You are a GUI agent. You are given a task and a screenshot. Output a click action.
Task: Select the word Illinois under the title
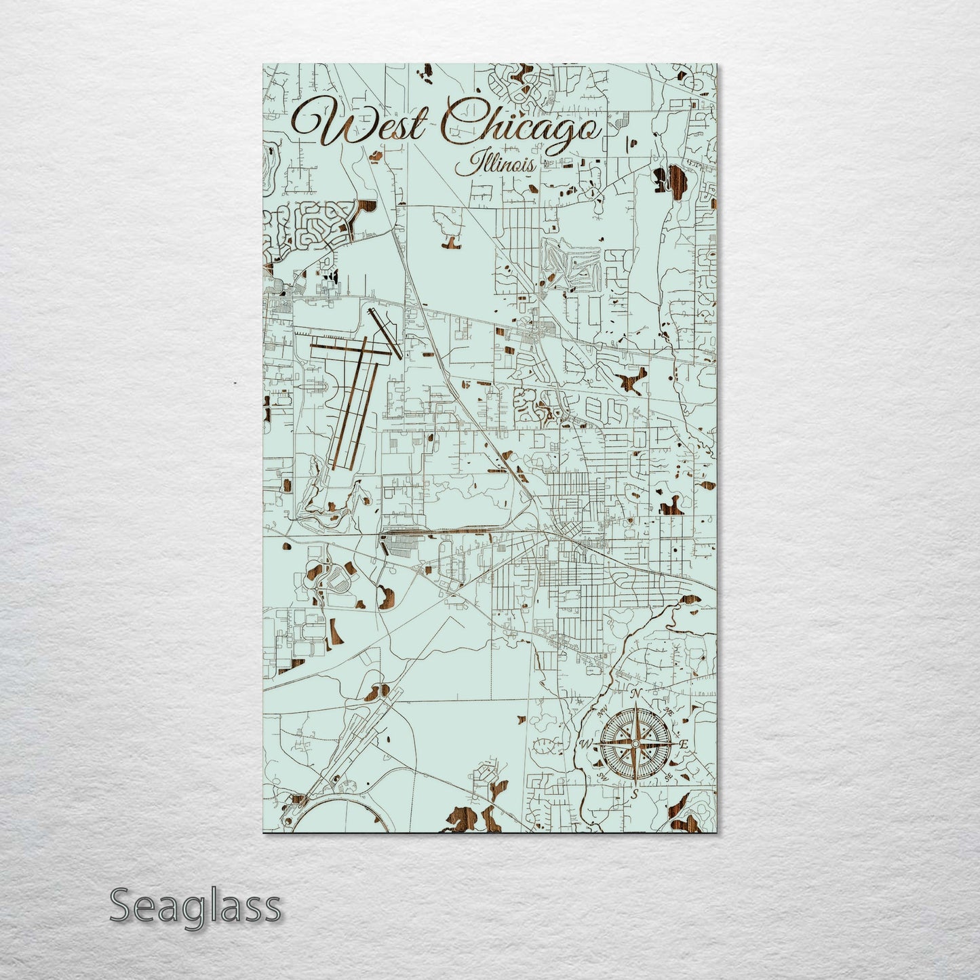click(x=495, y=164)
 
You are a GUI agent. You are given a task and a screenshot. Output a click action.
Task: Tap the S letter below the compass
click(x=635, y=793)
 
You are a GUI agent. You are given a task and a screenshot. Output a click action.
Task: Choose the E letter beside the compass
click(x=684, y=745)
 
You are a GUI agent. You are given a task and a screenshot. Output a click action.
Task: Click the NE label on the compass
click(x=669, y=711)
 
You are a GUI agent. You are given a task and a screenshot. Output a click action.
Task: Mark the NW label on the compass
click(x=602, y=712)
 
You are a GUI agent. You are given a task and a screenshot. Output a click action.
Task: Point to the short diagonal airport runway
click(x=385, y=332)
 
